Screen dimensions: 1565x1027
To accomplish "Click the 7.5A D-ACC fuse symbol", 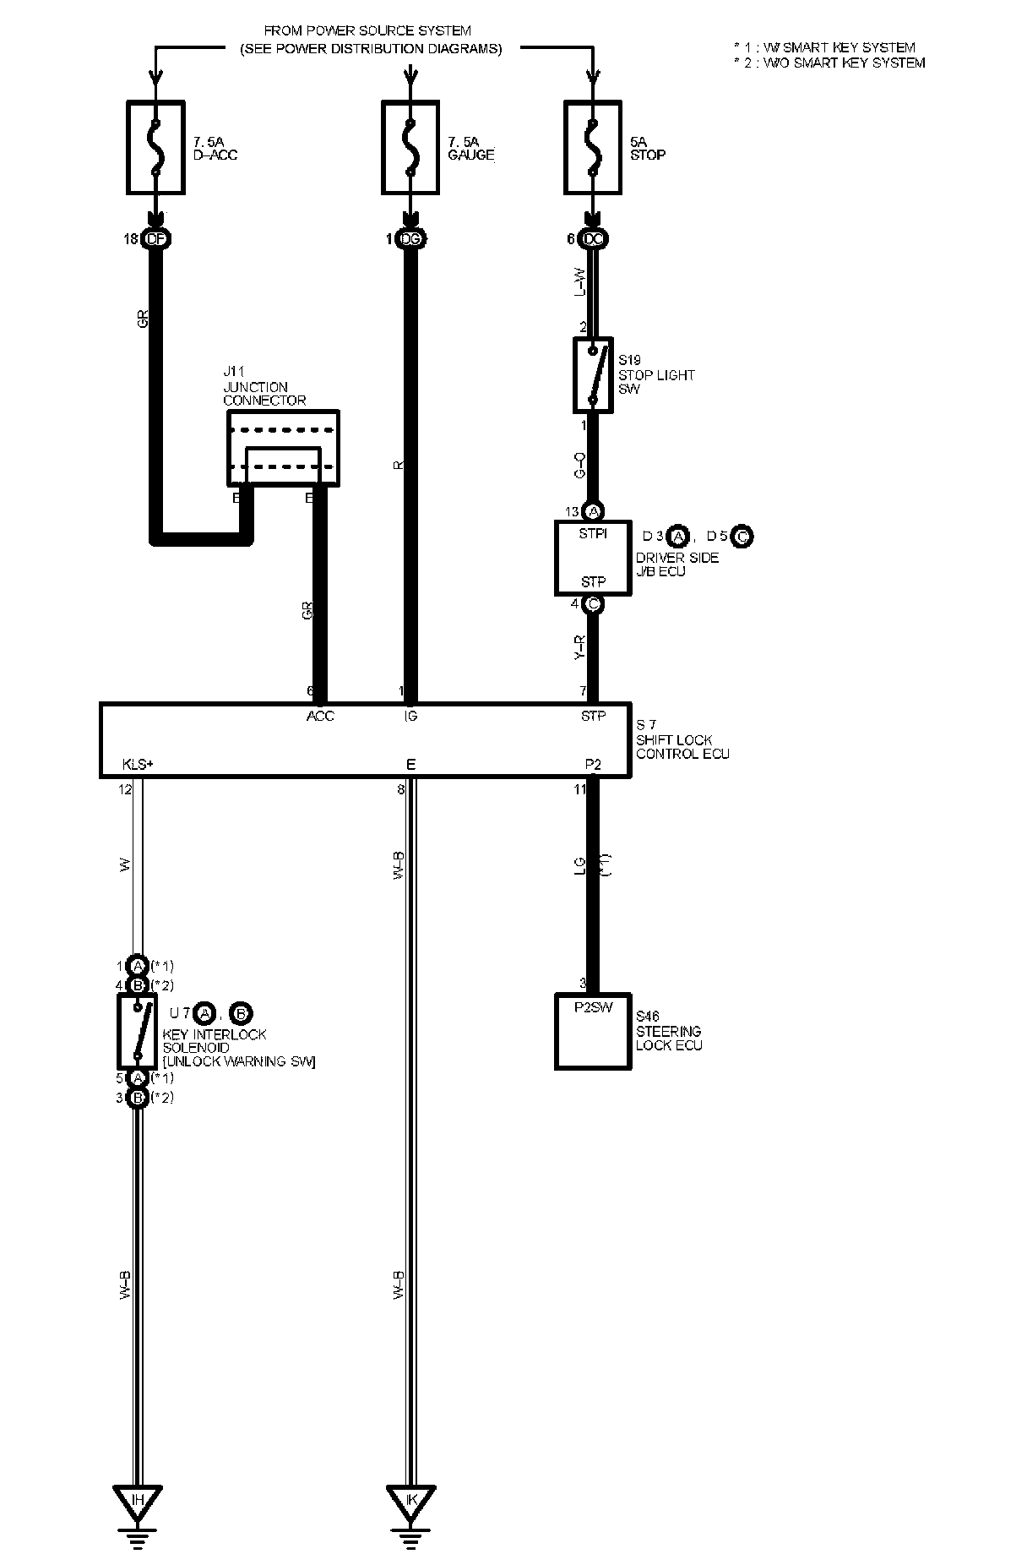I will [155, 148].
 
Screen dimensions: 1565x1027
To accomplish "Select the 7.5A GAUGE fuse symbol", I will [410, 148].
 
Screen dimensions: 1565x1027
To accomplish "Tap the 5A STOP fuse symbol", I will [593, 148].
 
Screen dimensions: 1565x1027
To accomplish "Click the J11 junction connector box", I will [283, 448].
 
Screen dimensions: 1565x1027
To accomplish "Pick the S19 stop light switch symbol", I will [593, 375].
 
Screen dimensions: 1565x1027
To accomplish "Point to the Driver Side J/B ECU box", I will [593, 558].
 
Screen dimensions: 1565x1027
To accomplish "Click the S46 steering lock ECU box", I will [593, 1031].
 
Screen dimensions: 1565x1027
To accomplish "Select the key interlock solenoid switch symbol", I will [137, 1031].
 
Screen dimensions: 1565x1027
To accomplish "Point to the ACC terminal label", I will [320, 717].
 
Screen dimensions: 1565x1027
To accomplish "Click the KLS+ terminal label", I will [138, 765].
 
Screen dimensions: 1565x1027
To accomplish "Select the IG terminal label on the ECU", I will [410, 717].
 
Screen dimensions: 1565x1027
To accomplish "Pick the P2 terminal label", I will [593, 765].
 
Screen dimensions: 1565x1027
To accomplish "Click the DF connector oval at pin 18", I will [155, 240].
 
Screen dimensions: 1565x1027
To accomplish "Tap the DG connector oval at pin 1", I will [410, 240].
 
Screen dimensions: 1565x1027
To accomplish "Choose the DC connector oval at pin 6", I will [593, 240].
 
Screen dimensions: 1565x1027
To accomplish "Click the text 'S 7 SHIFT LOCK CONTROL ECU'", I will [682, 739].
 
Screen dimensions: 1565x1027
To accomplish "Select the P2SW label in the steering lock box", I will [593, 1006].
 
